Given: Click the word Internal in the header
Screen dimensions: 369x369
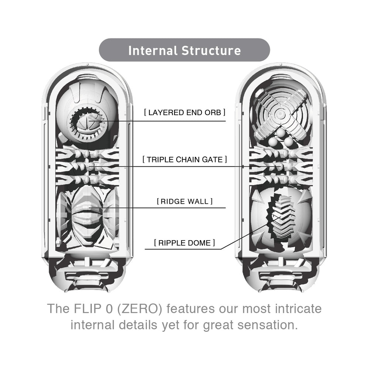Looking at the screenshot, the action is (153, 51).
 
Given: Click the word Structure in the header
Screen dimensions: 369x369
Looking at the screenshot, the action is (211, 51).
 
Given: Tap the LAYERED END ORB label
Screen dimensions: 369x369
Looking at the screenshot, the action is (185, 113).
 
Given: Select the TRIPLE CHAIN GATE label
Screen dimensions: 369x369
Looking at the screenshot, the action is (185, 159).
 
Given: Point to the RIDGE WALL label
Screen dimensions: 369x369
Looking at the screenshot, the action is (185, 201).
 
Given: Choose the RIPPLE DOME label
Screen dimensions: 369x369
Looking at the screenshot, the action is (184, 243).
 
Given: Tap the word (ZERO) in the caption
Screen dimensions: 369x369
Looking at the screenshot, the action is (140, 309).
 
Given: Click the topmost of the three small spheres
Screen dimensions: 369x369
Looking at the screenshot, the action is (281, 132).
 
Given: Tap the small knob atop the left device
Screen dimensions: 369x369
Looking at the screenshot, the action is (87, 64).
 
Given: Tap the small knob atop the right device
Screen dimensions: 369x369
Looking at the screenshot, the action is (280, 64).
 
